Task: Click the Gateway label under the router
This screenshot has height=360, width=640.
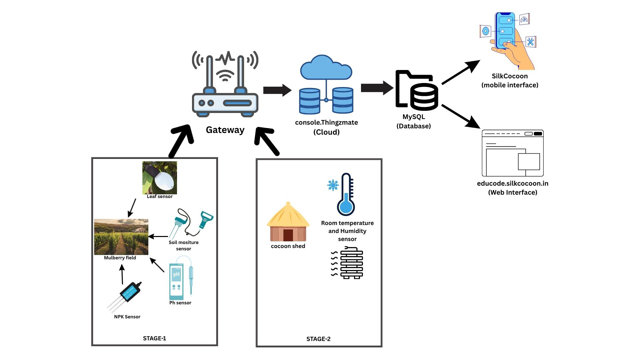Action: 225,130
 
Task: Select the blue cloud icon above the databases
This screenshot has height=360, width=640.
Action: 326,68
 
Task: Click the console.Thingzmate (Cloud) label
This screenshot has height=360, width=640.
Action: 326,127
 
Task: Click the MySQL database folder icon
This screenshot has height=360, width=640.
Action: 416,90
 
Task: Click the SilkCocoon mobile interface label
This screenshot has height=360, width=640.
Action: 510,80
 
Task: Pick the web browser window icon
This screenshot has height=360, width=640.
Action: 513,153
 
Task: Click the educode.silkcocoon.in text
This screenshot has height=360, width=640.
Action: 512,183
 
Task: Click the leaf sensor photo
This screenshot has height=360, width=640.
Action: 159,178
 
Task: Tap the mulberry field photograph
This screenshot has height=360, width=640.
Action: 121,237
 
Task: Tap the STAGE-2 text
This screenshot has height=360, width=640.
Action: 318,339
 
